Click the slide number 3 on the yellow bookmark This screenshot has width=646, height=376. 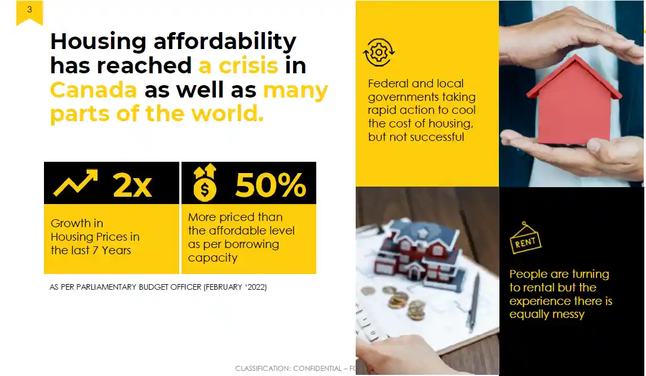(x=29, y=9)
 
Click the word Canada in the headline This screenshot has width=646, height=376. (x=93, y=90)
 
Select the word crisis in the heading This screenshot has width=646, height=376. (x=249, y=65)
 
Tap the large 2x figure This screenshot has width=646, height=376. (x=132, y=185)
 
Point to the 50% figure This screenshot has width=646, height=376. (x=271, y=185)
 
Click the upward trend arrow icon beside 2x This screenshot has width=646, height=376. (x=76, y=183)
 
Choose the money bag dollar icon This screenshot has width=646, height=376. (x=205, y=183)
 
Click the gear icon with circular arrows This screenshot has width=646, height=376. (x=379, y=52)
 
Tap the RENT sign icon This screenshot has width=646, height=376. (x=525, y=238)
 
